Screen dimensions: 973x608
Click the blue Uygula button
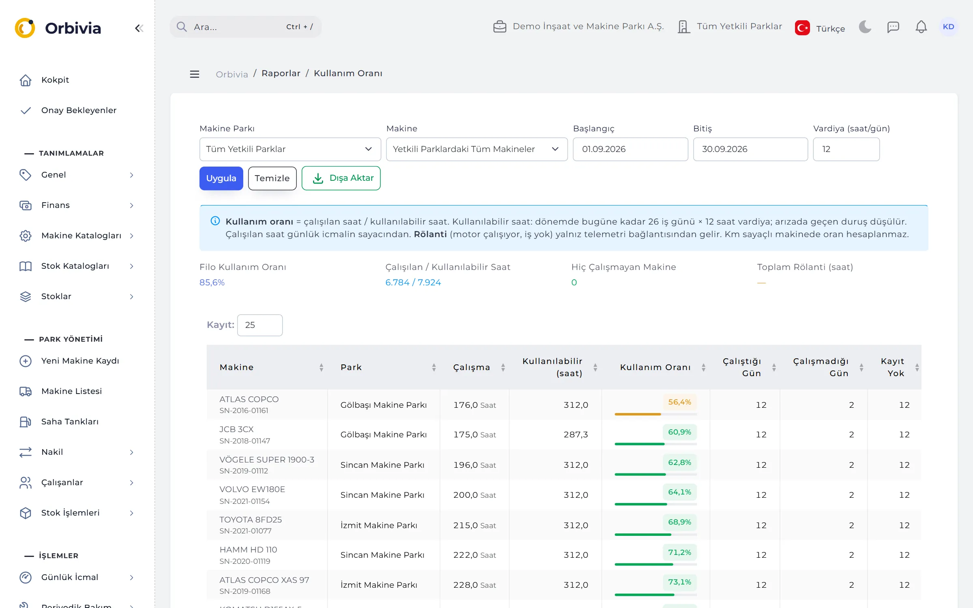[x=221, y=178]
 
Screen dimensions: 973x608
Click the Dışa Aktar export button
[x=341, y=178]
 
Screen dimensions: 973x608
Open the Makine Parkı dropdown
[x=290, y=149]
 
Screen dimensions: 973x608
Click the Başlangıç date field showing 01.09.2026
[x=630, y=149]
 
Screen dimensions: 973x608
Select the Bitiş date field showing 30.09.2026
[x=750, y=149]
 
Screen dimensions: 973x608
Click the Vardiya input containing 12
[x=846, y=149]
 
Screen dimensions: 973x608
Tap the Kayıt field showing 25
[x=260, y=325]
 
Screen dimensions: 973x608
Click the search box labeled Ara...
[x=246, y=27]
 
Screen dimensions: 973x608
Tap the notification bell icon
[x=921, y=27]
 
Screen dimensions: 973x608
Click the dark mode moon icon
[x=865, y=27]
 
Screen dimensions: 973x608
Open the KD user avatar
[x=948, y=27]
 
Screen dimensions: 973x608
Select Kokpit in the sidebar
[x=55, y=80]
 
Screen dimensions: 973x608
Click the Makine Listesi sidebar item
[x=71, y=391]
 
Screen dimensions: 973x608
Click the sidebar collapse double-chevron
[x=139, y=28]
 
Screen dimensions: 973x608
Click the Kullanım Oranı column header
[x=655, y=367]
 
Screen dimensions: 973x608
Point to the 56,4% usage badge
[x=679, y=402]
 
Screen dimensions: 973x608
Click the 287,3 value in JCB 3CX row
[x=576, y=435]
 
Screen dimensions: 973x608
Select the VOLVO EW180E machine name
[x=252, y=489]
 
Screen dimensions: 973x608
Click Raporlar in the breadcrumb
[x=281, y=73]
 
